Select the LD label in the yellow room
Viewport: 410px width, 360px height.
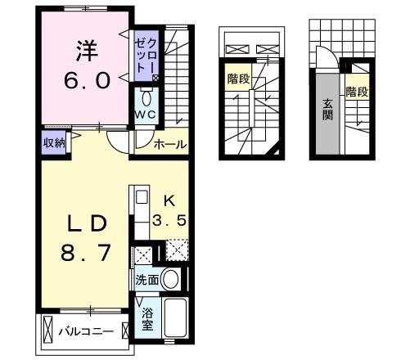pyautogui.click(x=83, y=223)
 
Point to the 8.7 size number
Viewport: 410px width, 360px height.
pyautogui.click(x=83, y=254)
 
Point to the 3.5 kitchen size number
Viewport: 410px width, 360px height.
pyautogui.click(x=169, y=219)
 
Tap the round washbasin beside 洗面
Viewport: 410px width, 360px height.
pyautogui.click(x=171, y=279)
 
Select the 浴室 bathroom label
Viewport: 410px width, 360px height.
pyautogui.click(x=147, y=318)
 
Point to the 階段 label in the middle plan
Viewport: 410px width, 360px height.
pyautogui.click(x=238, y=79)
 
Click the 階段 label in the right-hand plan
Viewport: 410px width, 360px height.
pyautogui.click(x=356, y=92)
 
